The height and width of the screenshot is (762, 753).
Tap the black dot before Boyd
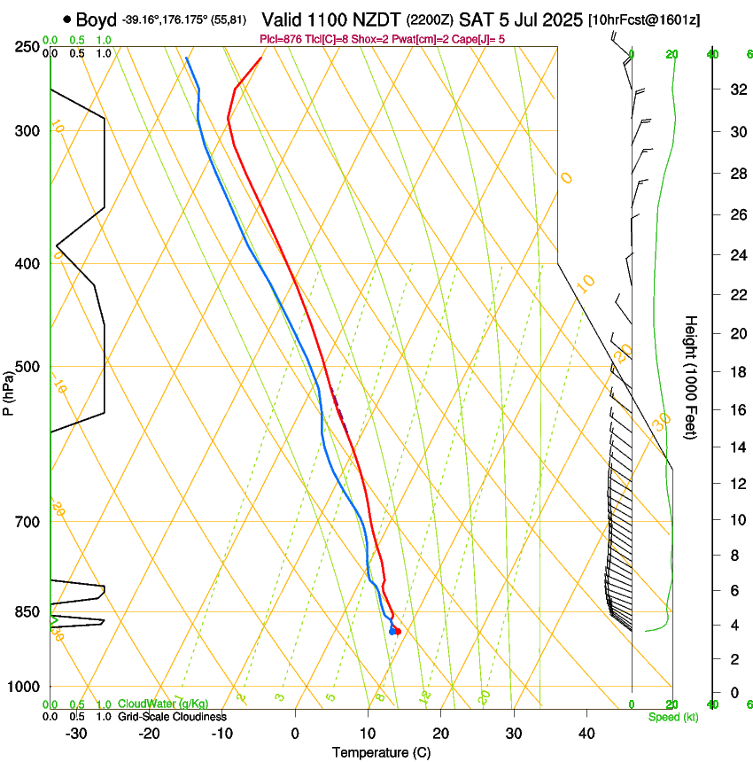click(x=67, y=19)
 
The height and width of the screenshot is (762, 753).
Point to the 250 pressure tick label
click(x=28, y=47)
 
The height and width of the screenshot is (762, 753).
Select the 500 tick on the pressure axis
click(x=28, y=367)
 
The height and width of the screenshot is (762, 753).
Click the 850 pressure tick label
click(x=28, y=611)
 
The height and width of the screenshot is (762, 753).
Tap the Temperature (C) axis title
click(x=381, y=752)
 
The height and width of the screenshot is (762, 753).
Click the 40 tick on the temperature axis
click(x=586, y=734)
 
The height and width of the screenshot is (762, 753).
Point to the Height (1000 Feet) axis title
click(x=691, y=377)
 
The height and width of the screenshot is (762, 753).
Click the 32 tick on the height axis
click(x=735, y=89)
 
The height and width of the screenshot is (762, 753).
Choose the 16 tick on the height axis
click(x=735, y=409)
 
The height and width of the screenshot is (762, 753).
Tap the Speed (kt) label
click(x=673, y=717)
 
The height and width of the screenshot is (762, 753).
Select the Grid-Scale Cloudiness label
click(x=172, y=716)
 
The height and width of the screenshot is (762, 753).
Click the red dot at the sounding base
click(x=398, y=631)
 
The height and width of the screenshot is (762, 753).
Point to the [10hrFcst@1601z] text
click(x=643, y=20)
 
